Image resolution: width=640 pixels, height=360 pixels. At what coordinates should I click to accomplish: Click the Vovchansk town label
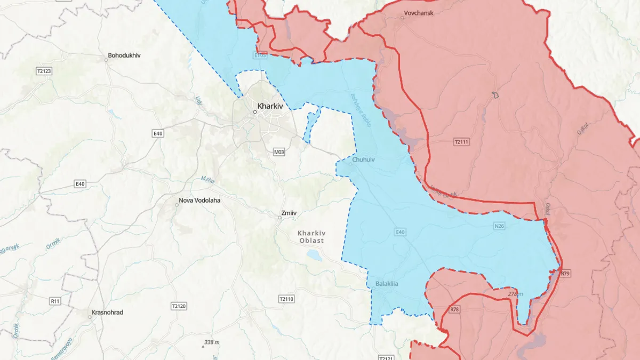pyautogui.click(x=418, y=13)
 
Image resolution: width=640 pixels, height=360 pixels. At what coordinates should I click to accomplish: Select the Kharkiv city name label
pyautogui.click(x=270, y=106)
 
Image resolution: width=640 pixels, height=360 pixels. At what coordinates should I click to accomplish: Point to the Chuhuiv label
pyautogui.click(x=364, y=159)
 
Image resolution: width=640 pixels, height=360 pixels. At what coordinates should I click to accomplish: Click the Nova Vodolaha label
pyautogui.click(x=199, y=201)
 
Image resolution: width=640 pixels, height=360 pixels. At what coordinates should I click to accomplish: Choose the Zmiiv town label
pyautogui.click(x=288, y=214)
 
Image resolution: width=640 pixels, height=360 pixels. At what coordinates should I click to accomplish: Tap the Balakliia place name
pyautogui.click(x=387, y=284)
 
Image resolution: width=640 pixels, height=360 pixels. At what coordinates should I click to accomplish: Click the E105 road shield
pyautogui.click(x=260, y=54)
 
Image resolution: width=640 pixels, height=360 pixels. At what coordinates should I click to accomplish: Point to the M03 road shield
pyautogui.click(x=279, y=152)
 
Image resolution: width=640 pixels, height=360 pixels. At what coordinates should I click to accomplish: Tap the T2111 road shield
pyautogui.click(x=461, y=142)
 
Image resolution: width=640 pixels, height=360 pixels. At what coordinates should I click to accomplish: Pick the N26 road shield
pyautogui.click(x=499, y=227)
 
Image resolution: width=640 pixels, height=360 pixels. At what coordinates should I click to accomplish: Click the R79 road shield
pyautogui.click(x=566, y=274)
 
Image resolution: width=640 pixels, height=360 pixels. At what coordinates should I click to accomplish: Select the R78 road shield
pyautogui.click(x=454, y=309)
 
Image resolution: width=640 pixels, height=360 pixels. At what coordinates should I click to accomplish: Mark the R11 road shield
pyautogui.click(x=54, y=301)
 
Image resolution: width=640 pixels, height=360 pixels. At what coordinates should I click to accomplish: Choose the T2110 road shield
pyautogui.click(x=286, y=299)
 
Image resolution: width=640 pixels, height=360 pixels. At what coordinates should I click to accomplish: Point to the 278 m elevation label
pyautogui.click(x=515, y=294)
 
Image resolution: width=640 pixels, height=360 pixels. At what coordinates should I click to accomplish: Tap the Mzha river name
pyautogui.click(x=207, y=180)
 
